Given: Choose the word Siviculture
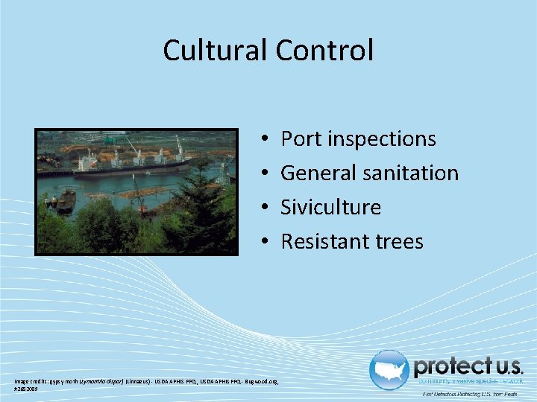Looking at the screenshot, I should coord(330,207).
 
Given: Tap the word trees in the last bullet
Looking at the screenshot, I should coord(401,241).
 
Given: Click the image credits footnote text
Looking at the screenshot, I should coord(145,383).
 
